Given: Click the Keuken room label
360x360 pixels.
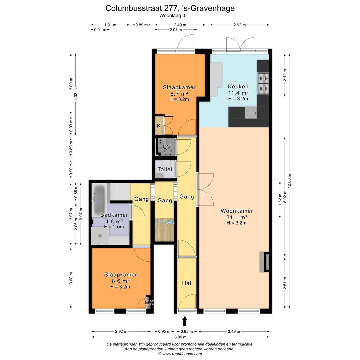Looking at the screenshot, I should [x=238, y=86].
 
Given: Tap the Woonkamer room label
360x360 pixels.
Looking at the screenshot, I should [x=237, y=211].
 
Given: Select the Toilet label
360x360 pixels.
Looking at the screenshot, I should [x=165, y=169].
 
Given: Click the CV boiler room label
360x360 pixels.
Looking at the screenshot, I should [x=166, y=147].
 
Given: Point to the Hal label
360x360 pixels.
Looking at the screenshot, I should [x=186, y=283].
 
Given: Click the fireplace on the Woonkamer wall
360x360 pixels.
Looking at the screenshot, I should [x=266, y=262].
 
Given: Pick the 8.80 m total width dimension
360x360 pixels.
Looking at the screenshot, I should [x=180, y=337].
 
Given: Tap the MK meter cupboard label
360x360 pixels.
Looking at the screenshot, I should [x=149, y=303].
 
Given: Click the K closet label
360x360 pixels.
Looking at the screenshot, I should [x=159, y=126].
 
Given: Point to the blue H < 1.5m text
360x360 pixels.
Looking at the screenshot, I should [x=165, y=222].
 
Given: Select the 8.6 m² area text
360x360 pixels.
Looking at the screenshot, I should [x=121, y=281].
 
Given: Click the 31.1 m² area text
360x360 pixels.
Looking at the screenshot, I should [x=237, y=217].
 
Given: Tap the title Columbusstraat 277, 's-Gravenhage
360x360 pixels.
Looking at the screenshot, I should [x=170, y=8].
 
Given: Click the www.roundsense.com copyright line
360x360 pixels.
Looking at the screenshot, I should [x=180, y=354].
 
